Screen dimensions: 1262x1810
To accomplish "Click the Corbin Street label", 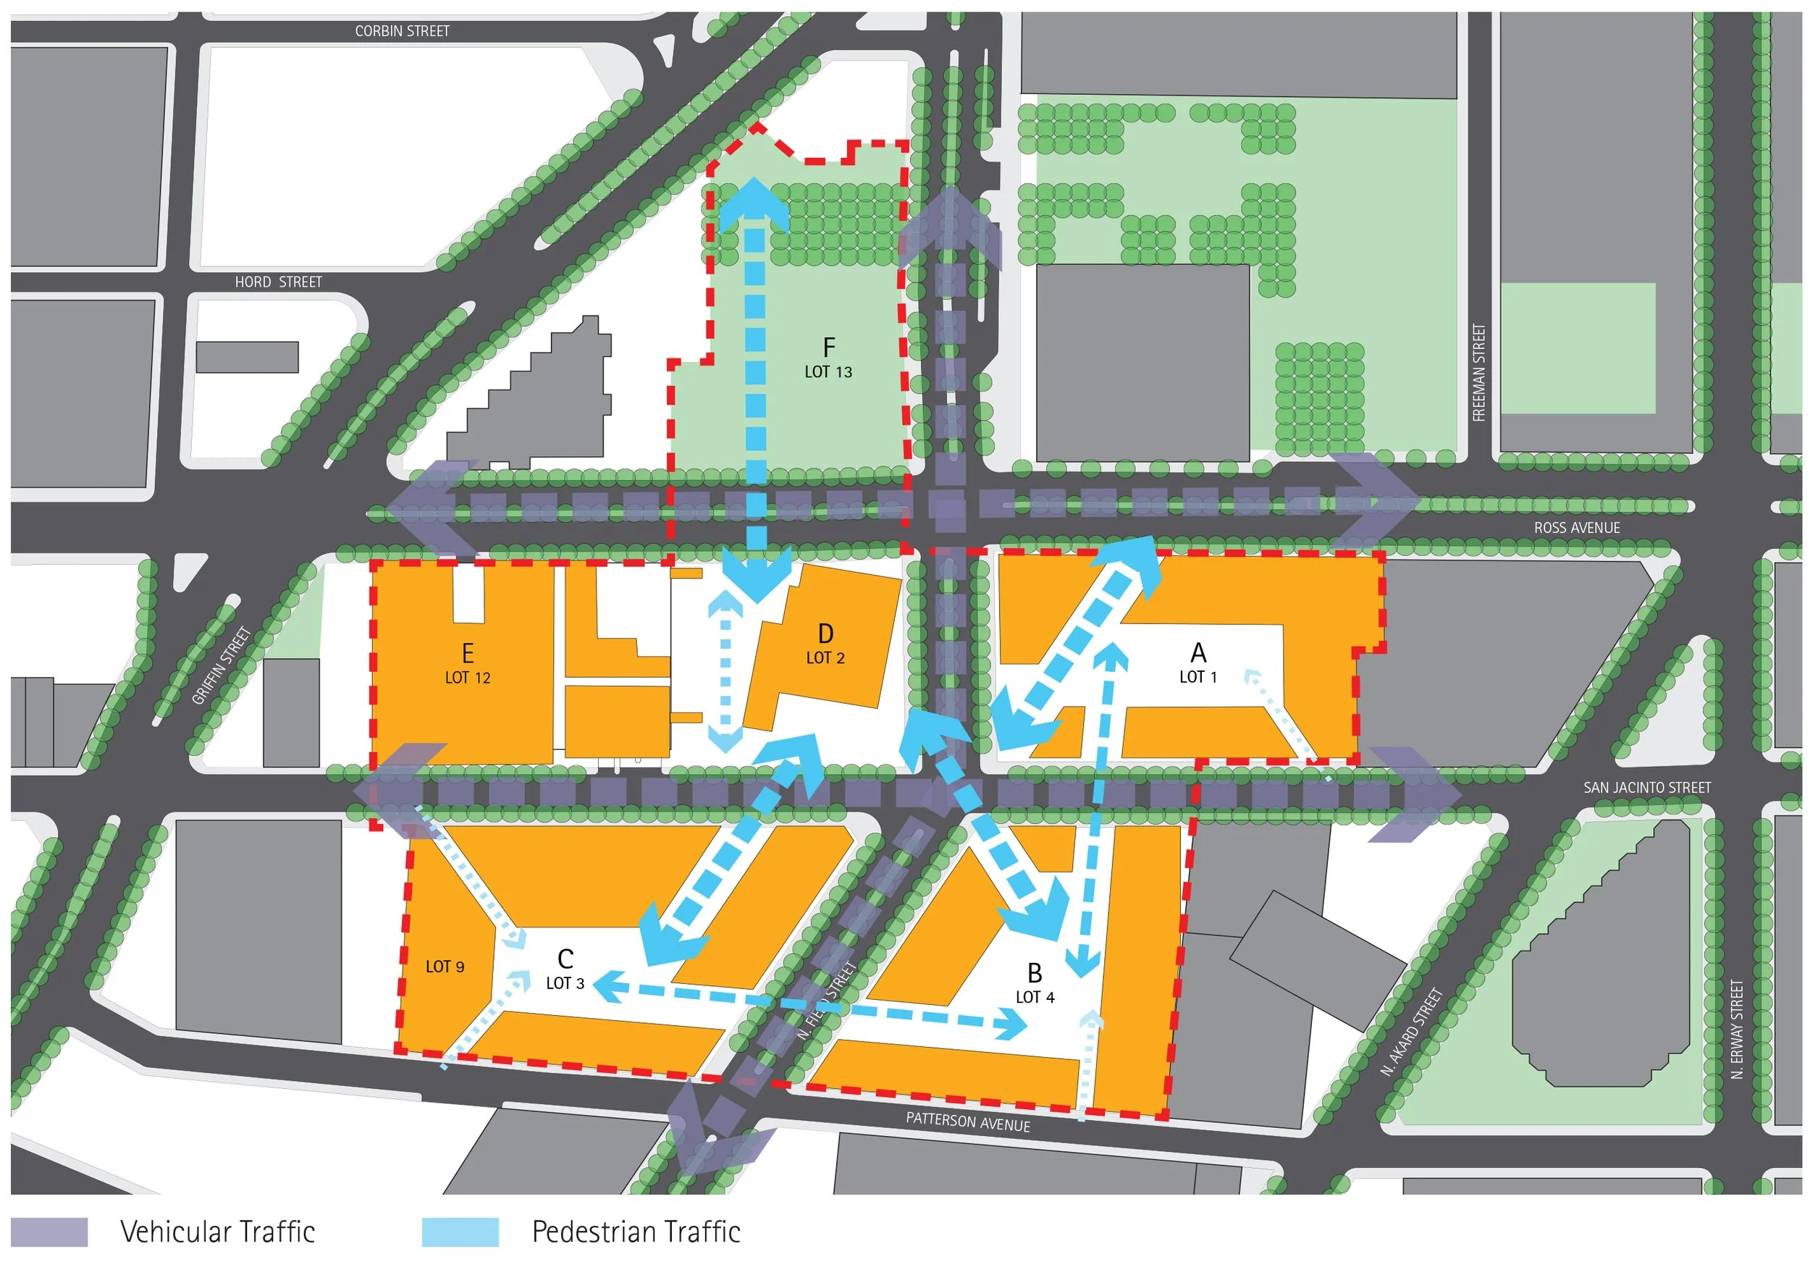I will point(402,30).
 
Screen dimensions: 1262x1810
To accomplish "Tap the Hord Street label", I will point(278,282).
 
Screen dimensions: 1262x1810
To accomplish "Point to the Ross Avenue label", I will point(1577,528).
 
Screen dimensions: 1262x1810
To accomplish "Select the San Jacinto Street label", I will point(1647,788).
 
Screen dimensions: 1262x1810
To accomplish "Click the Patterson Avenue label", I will point(967,1122).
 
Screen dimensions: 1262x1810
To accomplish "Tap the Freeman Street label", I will point(1479,373).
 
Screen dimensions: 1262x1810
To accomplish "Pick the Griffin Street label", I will point(222,665).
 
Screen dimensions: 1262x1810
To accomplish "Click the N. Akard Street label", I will point(1411,1032).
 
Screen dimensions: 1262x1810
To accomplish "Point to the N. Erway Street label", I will point(1737,1030).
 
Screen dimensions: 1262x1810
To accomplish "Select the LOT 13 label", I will point(828,372).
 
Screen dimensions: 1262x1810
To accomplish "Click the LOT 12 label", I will point(468,678).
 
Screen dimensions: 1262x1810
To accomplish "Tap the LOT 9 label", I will point(445,967).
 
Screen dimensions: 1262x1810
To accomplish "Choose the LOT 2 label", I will point(825,658).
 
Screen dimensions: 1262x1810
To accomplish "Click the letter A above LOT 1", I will point(1198,652).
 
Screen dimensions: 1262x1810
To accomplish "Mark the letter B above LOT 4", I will point(1035,974).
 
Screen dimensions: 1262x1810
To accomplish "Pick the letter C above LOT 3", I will point(565,959).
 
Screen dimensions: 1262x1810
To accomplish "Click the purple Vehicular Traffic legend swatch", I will point(49,1232).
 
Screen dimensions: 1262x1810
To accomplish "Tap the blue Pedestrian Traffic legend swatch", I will point(460,1232).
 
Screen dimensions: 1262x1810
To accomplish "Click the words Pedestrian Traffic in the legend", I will point(636,1232).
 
